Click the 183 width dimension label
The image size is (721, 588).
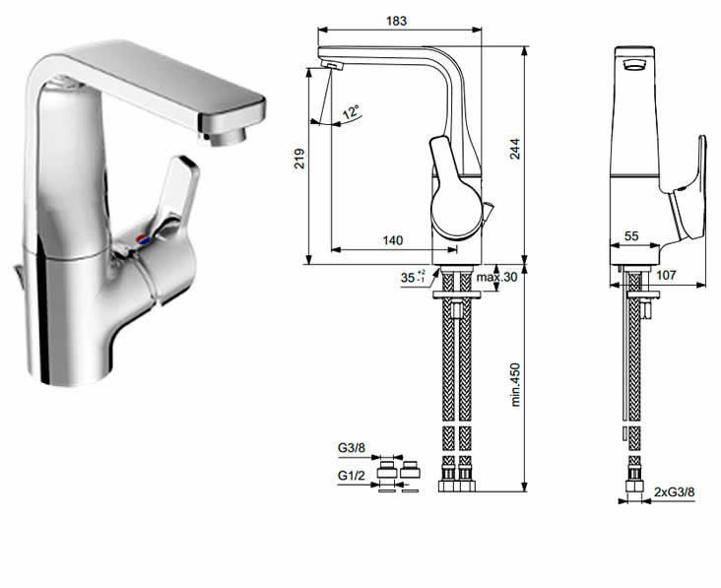tap(396, 21)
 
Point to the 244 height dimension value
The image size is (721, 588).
tap(514, 149)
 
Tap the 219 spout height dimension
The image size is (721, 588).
tap(299, 159)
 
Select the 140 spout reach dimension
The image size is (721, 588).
tap(393, 240)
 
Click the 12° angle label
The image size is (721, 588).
tap(352, 111)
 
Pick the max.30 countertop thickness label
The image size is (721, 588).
tap(496, 277)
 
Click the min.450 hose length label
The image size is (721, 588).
tap(515, 384)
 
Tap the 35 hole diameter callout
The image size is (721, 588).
tap(413, 277)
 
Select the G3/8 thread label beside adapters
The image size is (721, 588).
tap(352, 447)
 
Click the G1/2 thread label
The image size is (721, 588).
tap(352, 476)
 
